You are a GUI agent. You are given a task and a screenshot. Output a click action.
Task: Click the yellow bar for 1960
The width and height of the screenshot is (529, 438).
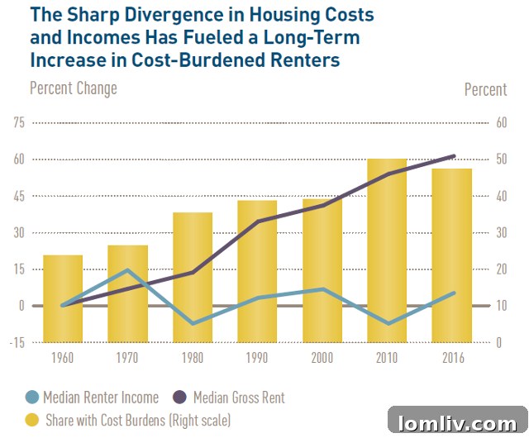[63, 298]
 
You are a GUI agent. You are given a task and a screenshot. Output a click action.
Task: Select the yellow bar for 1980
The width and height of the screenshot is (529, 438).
[193, 277]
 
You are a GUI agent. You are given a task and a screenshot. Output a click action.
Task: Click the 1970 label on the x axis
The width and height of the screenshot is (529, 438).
[127, 358]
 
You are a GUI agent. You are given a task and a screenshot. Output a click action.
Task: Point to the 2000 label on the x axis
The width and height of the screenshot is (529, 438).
[322, 358]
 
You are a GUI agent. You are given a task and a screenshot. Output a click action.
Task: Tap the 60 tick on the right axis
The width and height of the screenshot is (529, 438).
[498, 122]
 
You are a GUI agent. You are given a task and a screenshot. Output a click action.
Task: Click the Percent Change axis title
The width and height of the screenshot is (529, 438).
[74, 88]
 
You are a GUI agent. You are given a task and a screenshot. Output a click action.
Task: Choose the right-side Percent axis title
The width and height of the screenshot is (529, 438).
[485, 89]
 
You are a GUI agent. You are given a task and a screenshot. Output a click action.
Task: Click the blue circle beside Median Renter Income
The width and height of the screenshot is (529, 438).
[33, 398]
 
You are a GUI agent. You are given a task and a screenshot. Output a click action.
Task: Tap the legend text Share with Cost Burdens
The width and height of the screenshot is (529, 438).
[138, 420]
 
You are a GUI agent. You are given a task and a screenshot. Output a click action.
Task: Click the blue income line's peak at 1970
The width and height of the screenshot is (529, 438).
[127, 270]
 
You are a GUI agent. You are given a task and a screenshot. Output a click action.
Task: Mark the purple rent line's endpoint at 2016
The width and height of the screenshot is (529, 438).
[452, 156]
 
